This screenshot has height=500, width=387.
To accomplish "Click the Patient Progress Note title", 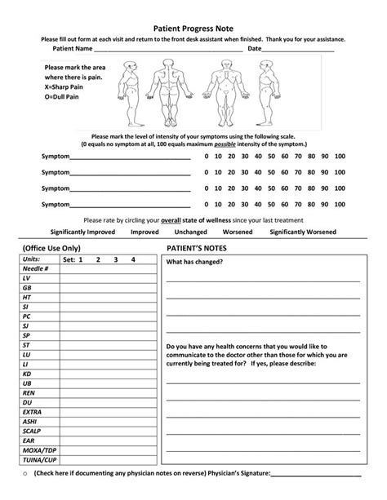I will click(193, 27).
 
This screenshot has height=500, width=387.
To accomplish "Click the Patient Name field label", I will click(73, 48).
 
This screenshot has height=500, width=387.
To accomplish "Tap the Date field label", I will click(254, 48).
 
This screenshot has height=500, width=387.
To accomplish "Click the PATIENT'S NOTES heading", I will click(196, 246).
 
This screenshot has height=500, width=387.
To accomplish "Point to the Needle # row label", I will click(36, 268).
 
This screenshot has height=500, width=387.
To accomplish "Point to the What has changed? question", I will click(195, 263).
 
